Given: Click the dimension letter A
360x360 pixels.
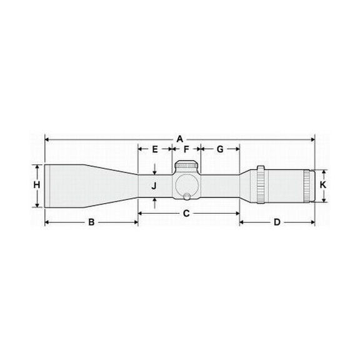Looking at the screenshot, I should click(179, 137).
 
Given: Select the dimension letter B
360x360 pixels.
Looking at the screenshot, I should click(91, 222).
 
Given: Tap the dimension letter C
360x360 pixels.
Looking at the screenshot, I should click(186, 214).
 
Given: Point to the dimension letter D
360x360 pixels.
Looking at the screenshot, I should click(277, 222).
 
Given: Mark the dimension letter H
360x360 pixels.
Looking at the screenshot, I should click(37, 185).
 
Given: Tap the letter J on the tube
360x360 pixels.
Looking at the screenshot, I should click(154, 186).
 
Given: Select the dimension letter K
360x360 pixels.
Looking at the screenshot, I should click(322, 186).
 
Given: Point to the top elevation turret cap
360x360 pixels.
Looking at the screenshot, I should click(186, 165).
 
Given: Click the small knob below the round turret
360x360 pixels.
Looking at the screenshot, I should click(186, 198).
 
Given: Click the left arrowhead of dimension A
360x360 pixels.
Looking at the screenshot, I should click(47, 138).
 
